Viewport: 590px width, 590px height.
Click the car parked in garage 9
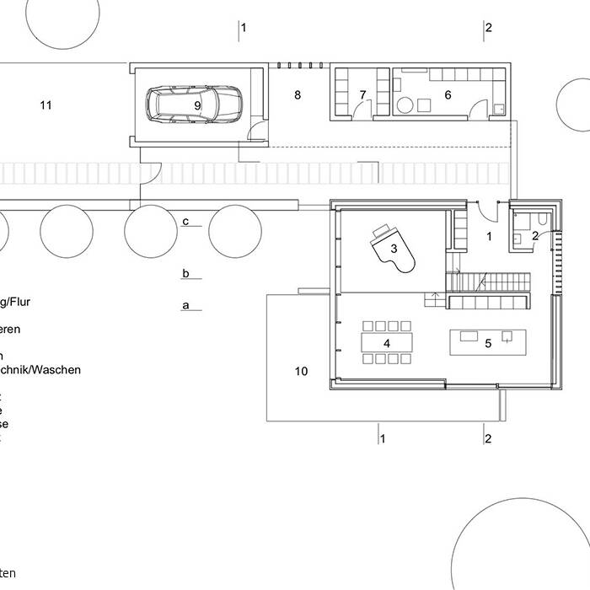(x=194, y=105)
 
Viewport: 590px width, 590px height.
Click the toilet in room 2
(x=542, y=220)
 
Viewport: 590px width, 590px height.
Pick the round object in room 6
(x=405, y=105)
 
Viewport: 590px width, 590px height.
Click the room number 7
(x=362, y=95)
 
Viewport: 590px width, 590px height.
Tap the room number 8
(x=297, y=95)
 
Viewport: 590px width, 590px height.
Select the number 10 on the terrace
(x=302, y=371)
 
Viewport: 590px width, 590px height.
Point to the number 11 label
(x=46, y=105)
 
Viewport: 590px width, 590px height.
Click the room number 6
(x=448, y=95)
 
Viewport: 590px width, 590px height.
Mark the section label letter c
(x=185, y=221)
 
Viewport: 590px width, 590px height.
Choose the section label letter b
(x=185, y=273)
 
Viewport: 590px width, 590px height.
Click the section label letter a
(x=185, y=305)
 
